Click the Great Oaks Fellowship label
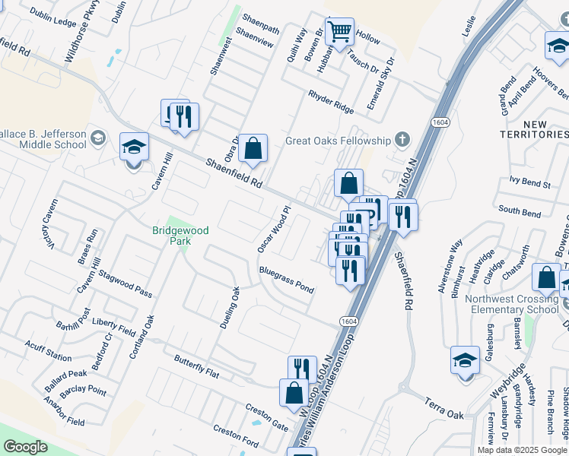coord(338,141)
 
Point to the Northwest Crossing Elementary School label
coord(512,304)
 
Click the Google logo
coord(25,447)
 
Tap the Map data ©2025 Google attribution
coord(522,450)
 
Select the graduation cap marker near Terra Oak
coord(465,361)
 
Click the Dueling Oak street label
coord(230,308)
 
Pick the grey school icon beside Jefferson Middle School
coord(97,138)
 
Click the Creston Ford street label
coord(236,435)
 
